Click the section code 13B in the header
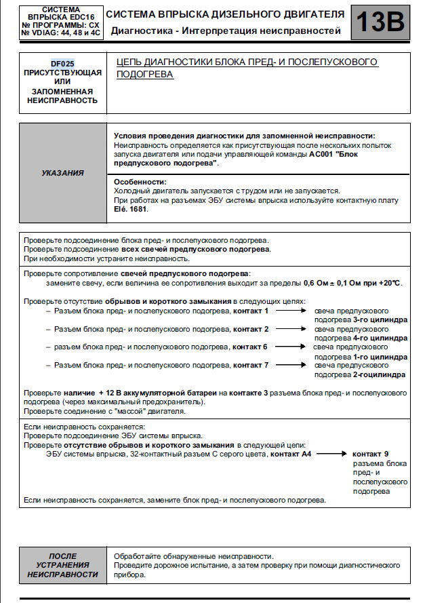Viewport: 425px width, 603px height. pyautogui.click(x=380, y=22)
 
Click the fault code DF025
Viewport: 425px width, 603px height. pyautogui.click(x=62, y=63)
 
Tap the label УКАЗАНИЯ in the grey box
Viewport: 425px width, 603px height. pyautogui.click(x=62, y=173)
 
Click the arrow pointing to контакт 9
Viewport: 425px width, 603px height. pyautogui.click(x=331, y=454)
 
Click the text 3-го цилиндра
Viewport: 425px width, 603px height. pyautogui.click(x=380, y=319)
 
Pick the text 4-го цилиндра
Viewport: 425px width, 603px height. pyautogui.click(x=380, y=338)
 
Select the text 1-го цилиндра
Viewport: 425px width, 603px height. pyautogui.click(x=380, y=356)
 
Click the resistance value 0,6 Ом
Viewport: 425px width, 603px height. pyautogui.click(x=317, y=283)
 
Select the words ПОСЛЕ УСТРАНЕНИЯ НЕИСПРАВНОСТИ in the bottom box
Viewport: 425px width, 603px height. pyautogui.click(x=62, y=565)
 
